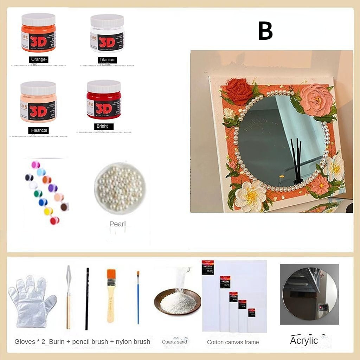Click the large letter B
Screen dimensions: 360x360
pos(265,31)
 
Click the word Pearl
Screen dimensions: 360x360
pos(117,224)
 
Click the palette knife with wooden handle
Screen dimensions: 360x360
pos(69,295)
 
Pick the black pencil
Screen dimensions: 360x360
pos(87,299)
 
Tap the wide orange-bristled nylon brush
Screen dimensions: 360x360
pos(111,295)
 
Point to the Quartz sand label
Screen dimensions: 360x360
pos(174,342)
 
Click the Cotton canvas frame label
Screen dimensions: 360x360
pos(233,342)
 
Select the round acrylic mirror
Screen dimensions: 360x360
pos(309,294)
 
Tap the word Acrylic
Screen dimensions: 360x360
pos(304,341)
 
